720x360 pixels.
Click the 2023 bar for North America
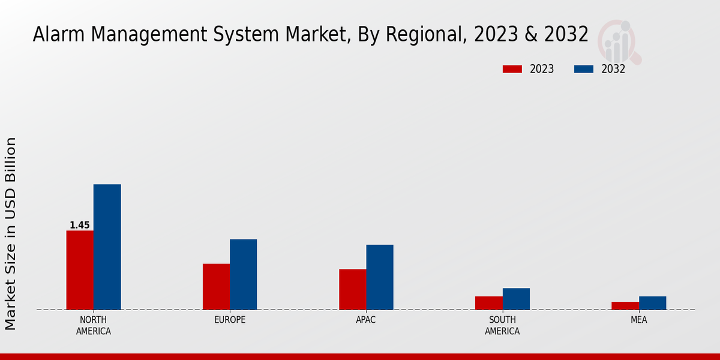pyautogui.click(x=80, y=270)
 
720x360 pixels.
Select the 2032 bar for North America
pyautogui.click(x=107, y=247)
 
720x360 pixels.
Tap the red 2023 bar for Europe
pyautogui.click(x=216, y=287)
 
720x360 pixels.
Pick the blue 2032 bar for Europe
pyautogui.click(x=243, y=274)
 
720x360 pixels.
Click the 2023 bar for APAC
pyautogui.click(x=352, y=289)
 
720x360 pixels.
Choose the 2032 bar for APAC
pyautogui.click(x=380, y=277)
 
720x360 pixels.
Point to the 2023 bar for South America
pyautogui.click(x=488, y=303)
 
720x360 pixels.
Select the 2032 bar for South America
pyautogui.click(x=516, y=299)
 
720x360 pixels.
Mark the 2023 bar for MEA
pyautogui.click(x=625, y=306)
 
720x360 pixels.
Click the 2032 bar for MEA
pyautogui.click(x=652, y=303)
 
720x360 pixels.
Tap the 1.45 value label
pyautogui.click(x=80, y=226)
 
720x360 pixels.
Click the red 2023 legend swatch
pyautogui.click(x=512, y=69)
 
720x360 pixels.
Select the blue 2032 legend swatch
pyautogui.click(x=583, y=69)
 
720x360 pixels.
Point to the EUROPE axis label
pyautogui.click(x=230, y=320)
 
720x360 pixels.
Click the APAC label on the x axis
pyautogui.click(x=366, y=320)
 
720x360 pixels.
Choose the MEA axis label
pyautogui.click(x=638, y=320)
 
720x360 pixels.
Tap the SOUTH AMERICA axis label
pyautogui.click(x=502, y=325)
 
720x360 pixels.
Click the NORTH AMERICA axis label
pyautogui.click(x=94, y=325)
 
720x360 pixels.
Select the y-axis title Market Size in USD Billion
pyautogui.click(x=11, y=233)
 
